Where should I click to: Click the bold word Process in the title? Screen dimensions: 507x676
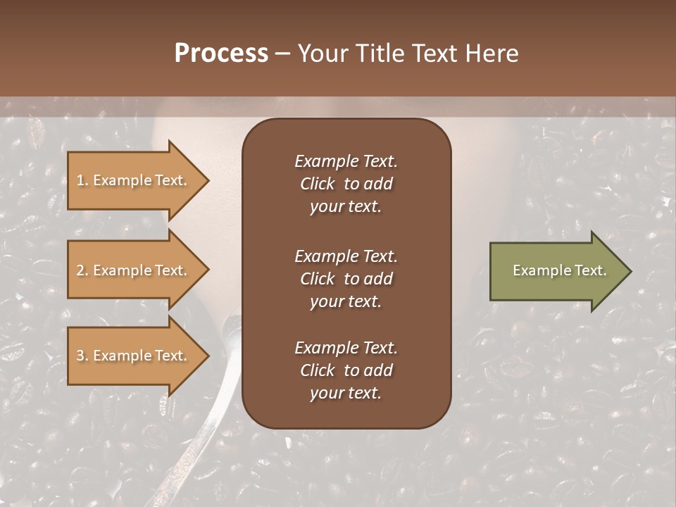(221, 54)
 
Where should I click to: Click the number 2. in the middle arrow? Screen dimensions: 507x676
(82, 270)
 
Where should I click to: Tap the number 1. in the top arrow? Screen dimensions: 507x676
(82, 180)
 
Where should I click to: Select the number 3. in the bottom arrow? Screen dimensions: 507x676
(82, 356)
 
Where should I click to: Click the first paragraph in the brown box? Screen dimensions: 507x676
(346, 184)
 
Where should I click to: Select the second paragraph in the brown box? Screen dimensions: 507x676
(346, 278)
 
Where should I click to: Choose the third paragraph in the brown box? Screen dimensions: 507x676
(346, 370)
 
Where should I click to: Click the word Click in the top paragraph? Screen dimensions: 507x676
(317, 184)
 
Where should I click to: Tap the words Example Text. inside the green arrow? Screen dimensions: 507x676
(559, 270)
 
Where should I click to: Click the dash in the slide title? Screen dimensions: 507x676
(282, 54)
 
